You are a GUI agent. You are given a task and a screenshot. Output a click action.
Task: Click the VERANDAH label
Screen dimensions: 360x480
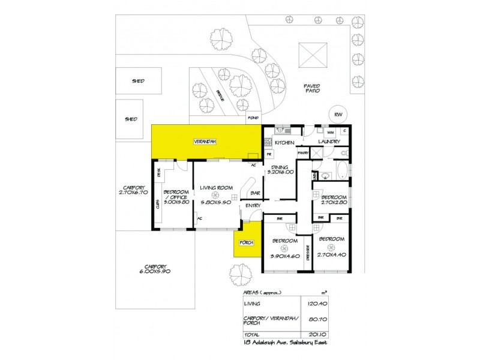(x=204, y=142)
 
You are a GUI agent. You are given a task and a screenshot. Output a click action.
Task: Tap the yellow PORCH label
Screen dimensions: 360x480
(x=246, y=242)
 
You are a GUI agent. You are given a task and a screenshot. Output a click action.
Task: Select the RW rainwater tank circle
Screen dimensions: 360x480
(x=338, y=115)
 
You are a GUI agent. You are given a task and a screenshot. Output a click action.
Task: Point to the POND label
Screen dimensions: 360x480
(x=253, y=118)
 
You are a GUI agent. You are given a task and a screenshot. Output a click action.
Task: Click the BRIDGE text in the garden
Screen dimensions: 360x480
(x=220, y=96)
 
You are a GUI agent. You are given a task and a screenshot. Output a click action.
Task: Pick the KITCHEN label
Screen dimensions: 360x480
(x=284, y=142)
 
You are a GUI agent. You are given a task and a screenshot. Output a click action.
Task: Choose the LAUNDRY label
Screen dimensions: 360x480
(x=329, y=142)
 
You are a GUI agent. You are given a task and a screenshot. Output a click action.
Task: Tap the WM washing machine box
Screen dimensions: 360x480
(x=331, y=131)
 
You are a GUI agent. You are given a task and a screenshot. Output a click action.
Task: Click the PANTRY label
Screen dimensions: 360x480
(x=302, y=153)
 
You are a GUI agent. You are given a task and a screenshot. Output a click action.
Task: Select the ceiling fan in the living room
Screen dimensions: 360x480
(x=216, y=194)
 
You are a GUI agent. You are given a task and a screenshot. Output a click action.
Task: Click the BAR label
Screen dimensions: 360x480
(x=255, y=193)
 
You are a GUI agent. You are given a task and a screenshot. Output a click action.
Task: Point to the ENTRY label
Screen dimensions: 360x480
(x=251, y=206)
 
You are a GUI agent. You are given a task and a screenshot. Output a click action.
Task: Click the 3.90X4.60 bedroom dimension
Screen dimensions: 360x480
(x=284, y=256)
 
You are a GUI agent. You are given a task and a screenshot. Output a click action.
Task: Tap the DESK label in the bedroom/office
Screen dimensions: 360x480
(x=159, y=174)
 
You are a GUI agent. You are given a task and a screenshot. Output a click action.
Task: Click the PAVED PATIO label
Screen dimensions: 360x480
(x=312, y=88)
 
